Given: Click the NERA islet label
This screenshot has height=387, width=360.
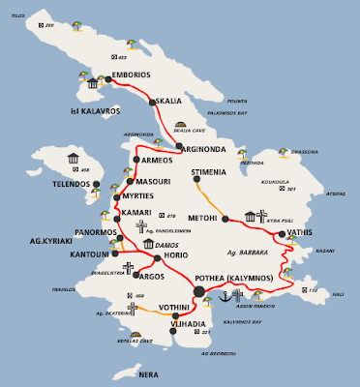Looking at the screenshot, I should (148, 373).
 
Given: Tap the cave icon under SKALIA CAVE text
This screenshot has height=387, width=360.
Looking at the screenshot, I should (182, 127).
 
